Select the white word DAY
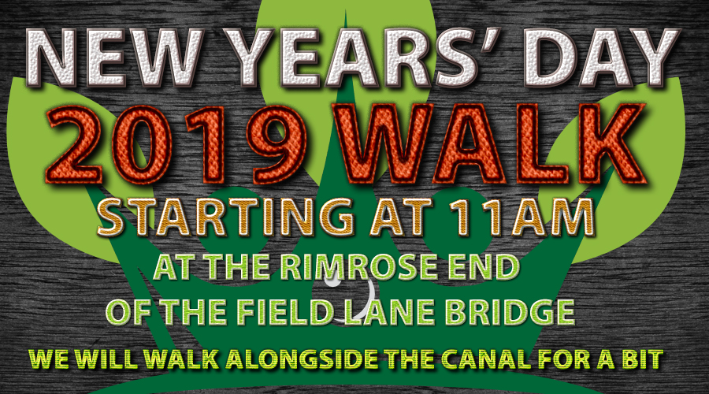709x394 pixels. pyautogui.click(x=601, y=58)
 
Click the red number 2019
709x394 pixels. pyautogui.click(x=177, y=144)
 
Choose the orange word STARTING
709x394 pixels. pyautogui.click(x=225, y=217)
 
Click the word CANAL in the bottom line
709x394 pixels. pyautogui.click(x=487, y=359)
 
